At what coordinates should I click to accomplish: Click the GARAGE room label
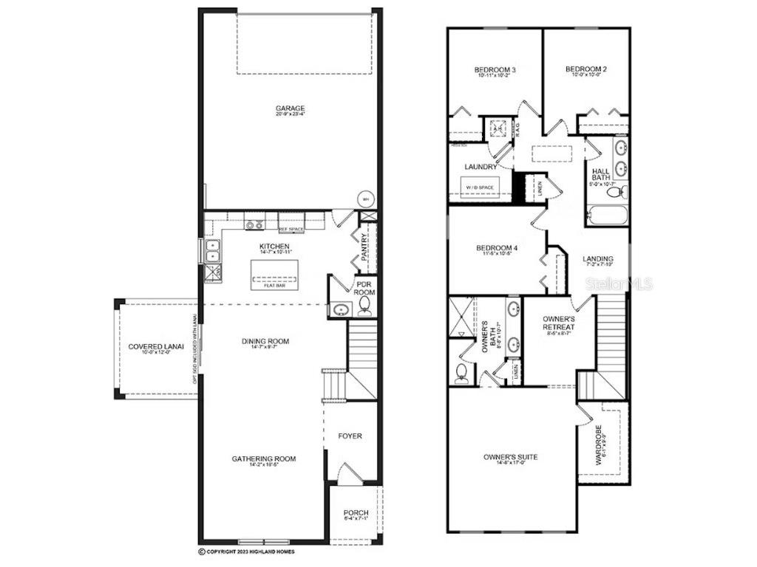(x=291, y=109)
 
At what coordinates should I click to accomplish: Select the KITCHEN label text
(x=274, y=246)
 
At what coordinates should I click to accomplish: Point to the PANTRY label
(x=364, y=249)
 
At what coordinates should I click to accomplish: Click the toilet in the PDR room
(x=364, y=310)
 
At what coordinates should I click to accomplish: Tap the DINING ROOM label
(x=265, y=341)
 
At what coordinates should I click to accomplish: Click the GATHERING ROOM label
(x=264, y=458)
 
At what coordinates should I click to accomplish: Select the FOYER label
(x=350, y=436)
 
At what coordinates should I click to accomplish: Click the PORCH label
(x=356, y=513)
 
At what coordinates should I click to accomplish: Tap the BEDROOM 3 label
(x=495, y=70)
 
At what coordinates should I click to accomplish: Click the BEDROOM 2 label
(x=586, y=70)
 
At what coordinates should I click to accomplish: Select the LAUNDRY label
(x=481, y=167)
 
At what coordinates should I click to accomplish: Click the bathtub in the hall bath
(x=605, y=216)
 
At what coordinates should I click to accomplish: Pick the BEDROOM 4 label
(x=495, y=248)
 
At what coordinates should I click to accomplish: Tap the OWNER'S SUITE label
(x=511, y=457)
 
